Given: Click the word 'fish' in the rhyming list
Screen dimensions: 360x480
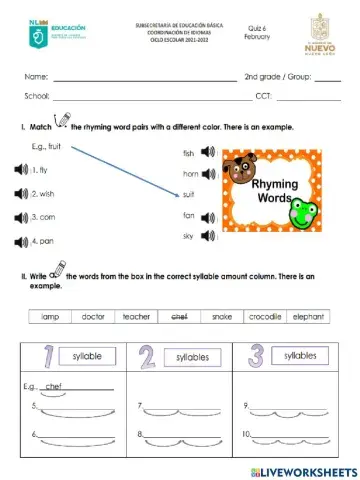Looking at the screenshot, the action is (x=188, y=153).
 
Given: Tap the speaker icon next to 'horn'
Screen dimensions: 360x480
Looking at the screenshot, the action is (x=208, y=173).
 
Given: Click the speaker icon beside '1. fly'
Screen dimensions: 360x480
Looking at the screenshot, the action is (x=21, y=170).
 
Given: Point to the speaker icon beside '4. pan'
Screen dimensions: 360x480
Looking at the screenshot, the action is (x=21, y=241).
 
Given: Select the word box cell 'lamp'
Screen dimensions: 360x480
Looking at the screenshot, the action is (x=49, y=316).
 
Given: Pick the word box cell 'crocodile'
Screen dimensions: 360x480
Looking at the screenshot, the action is (x=265, y=316).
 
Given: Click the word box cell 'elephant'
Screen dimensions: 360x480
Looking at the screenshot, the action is (x=309, y=316).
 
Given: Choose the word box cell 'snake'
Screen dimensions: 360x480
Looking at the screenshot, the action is (x=222, y=316).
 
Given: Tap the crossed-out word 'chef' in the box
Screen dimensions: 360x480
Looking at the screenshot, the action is (x=180, y=316).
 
